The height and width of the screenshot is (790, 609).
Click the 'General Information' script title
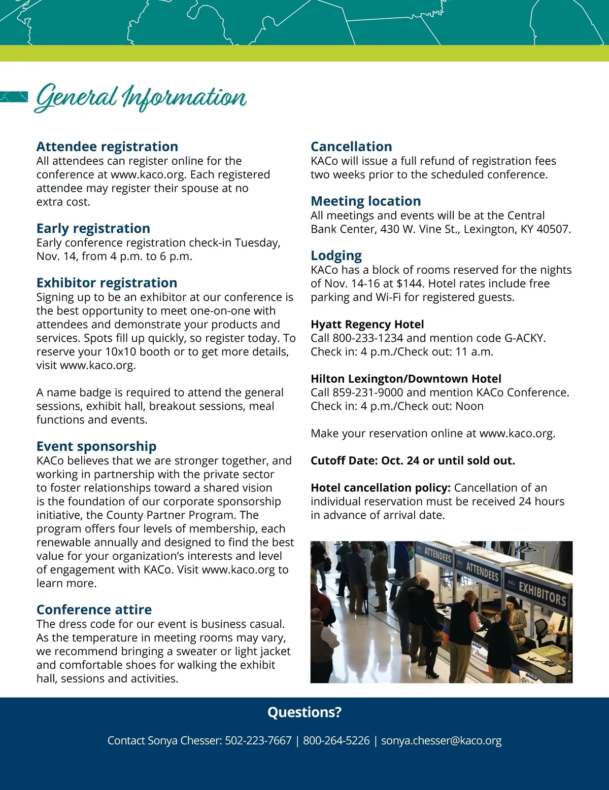coord(141,97)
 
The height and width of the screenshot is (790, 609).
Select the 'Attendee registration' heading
coord(107,147)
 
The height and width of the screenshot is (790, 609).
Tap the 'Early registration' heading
coord(93,228)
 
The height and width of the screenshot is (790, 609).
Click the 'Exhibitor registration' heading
coord(107,282)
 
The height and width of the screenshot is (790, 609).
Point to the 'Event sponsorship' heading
coord(96,446)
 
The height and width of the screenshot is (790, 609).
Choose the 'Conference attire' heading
coord(94,609)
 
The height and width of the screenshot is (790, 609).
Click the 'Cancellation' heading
coord(351,147)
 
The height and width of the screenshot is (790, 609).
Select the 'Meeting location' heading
coord(365,201)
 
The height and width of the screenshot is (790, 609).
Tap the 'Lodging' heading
coord(336,256)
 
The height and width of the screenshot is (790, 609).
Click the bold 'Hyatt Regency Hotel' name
coord(367,325)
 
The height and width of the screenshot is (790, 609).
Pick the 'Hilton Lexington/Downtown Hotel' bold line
coord(406,379)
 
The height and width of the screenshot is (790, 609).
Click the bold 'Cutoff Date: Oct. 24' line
coord(413,460)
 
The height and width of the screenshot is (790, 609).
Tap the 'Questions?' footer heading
coord(304,712)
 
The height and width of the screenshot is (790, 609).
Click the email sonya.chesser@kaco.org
coord(441,741)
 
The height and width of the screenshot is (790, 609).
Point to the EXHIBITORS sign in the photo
coord(542,594)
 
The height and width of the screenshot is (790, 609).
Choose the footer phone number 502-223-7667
coord(258,741)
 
